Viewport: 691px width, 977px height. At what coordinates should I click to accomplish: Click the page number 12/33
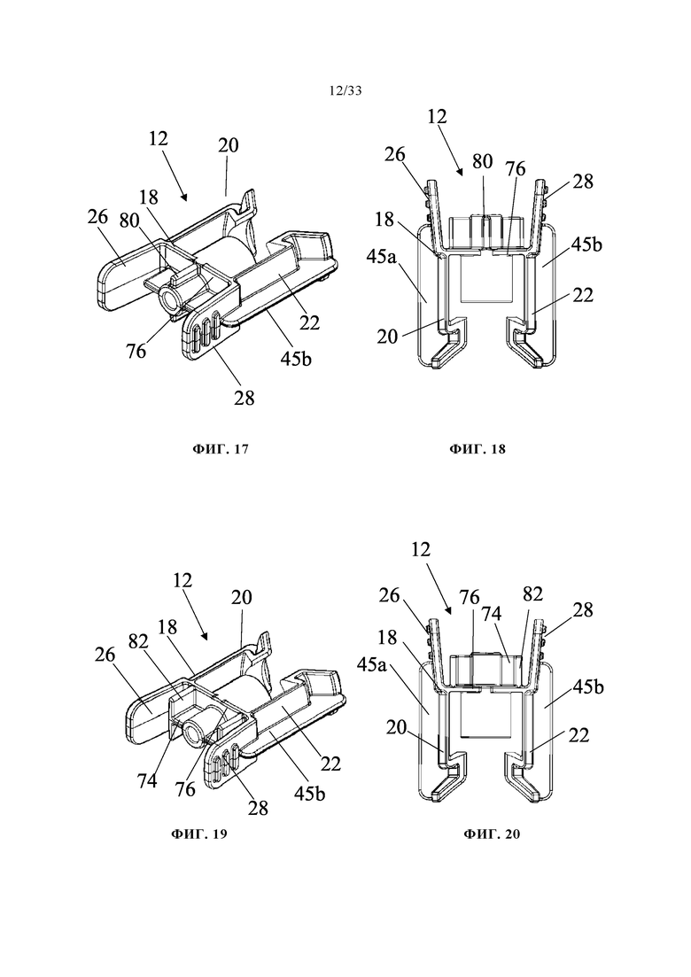coord(345,91)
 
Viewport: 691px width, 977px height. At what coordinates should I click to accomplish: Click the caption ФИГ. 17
coord(220,448)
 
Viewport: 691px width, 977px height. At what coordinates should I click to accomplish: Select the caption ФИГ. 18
coord(477,448)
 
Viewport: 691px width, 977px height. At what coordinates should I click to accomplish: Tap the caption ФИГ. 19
coord(198,834)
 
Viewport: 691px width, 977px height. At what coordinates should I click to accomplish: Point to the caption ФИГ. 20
coord(492,834)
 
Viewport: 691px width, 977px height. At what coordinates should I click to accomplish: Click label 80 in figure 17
coord(129,221)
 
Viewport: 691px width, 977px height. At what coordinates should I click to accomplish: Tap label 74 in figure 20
coord(492,613)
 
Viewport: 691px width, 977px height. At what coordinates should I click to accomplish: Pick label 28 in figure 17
coord(245,398)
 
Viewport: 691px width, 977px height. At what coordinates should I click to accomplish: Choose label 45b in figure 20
coord(588,686)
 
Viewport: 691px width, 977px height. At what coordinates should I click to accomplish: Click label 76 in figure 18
coord(516,168)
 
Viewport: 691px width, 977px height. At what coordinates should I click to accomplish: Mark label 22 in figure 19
coord(330,764)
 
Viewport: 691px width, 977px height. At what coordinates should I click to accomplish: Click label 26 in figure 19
coord(105,655)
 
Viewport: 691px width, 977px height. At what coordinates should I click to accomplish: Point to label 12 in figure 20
coord(421,549)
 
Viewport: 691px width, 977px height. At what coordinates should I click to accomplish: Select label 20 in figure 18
coord(387,337)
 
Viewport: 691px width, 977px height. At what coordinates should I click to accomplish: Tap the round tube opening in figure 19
coord(192,734)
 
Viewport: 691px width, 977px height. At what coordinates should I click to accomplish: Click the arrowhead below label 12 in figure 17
coord(184,198)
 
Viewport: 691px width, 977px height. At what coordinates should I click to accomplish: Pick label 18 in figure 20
coord(387,637)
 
